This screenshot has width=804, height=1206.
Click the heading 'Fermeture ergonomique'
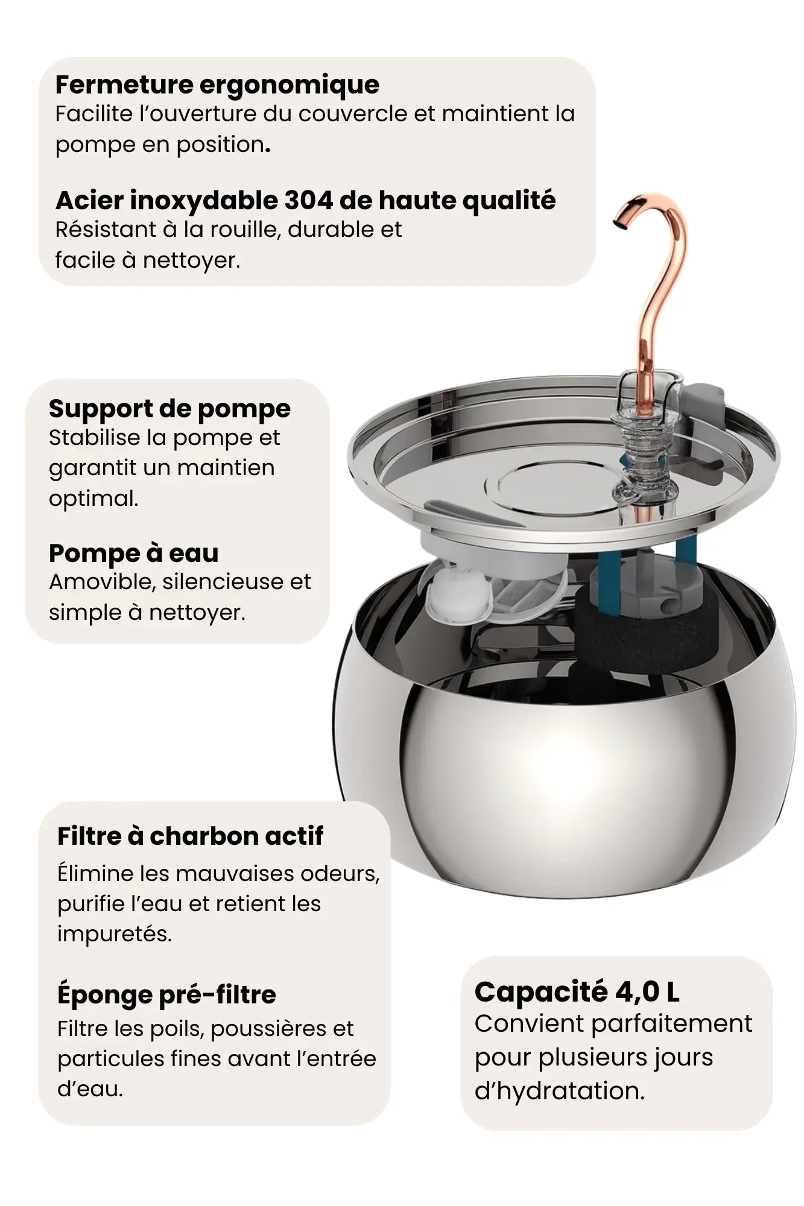click(217, 85)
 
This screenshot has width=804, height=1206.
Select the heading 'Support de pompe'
click(169, 409)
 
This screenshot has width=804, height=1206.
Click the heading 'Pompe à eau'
click(133, 553)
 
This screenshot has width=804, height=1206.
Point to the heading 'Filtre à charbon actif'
click(190, 836)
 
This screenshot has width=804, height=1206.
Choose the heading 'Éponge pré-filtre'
click(166, 994)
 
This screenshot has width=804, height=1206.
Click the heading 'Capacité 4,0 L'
click(577, 992)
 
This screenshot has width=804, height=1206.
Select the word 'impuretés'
click(115, 934)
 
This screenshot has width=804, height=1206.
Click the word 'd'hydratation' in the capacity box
click(560, 1091)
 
